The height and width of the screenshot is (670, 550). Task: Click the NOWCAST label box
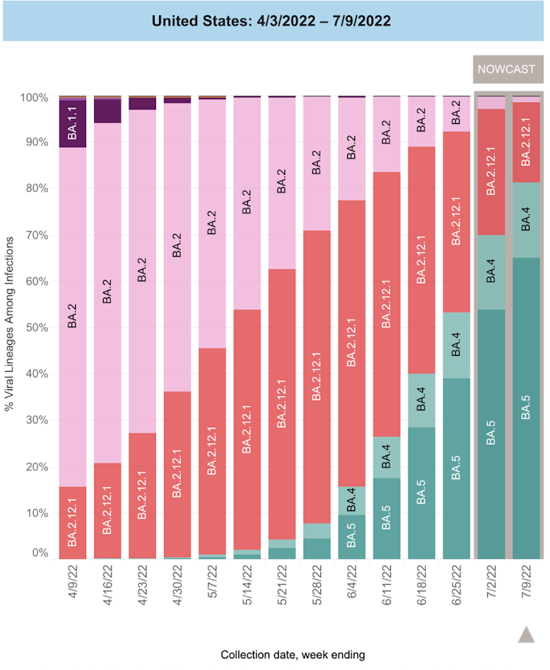coord(506,71)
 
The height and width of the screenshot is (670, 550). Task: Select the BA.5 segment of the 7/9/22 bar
coord(527,408)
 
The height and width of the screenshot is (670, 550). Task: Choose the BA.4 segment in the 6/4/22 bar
coord(352,500)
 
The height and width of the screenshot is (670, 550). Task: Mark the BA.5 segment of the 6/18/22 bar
coord(422,493)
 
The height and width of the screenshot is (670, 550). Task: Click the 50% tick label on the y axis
coord(37,328)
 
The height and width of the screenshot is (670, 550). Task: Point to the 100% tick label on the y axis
coord(34,97)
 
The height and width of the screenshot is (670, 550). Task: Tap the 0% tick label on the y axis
coord(40,553)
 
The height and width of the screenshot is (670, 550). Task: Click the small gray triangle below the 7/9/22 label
coord(527,634)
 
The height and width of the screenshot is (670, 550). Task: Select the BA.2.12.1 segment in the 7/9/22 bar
coord(527,142)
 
